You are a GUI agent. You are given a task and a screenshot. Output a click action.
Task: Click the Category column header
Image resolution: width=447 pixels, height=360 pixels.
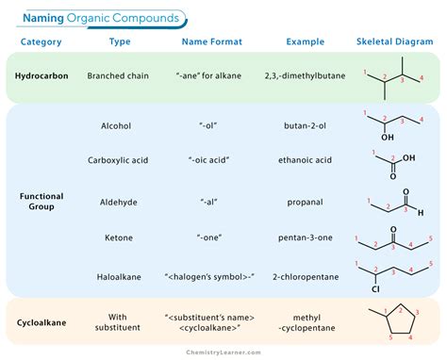pyautogui.click(x=41, y=42)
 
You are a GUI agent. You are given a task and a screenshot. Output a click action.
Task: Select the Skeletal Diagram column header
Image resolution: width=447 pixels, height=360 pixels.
pyautogui.click(x=393, y=42)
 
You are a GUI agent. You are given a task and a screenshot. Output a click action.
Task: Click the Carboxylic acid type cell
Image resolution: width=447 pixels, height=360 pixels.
pyautogui.click(x=123, y=160)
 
